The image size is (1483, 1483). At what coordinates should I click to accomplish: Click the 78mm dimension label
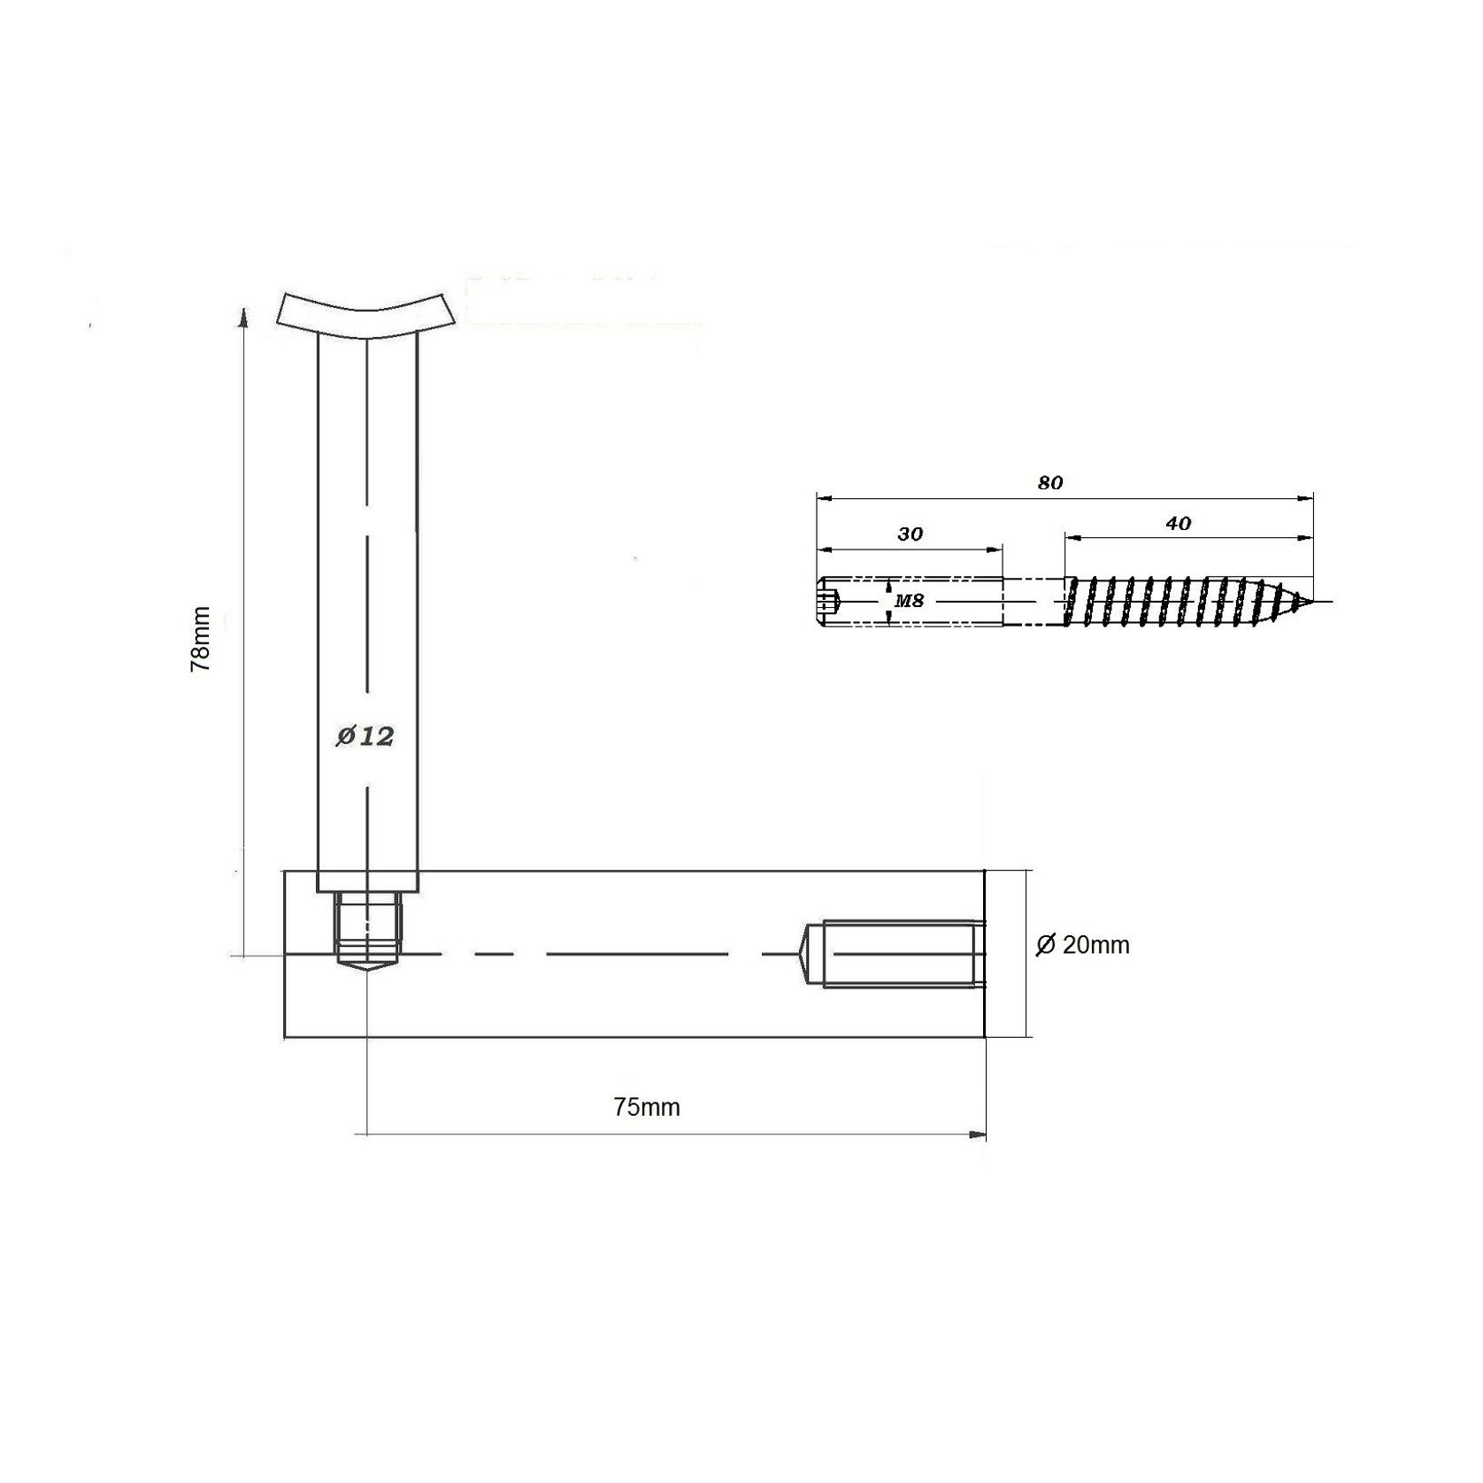pos(202,639)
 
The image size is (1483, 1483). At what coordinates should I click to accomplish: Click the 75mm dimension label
pos(647,1107)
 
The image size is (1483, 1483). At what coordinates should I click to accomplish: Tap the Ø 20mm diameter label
pos(1083,945)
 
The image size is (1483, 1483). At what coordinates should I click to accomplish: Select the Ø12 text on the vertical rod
pos(365,736)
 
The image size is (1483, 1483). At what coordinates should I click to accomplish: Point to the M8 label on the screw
pos(909,601)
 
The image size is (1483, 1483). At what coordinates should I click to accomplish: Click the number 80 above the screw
pos(1050,483)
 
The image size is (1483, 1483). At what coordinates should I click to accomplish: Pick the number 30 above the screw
pos(910,534)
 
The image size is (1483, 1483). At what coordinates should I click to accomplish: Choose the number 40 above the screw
pos(1178,524)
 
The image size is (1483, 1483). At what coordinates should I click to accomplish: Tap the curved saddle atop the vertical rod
pos(365,313)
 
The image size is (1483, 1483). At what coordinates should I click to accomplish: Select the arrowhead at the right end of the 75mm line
pos(978,1133)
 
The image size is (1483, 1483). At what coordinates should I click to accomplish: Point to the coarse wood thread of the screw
pos(1168,602)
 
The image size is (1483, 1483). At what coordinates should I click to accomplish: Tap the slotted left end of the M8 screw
pos(826,602)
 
